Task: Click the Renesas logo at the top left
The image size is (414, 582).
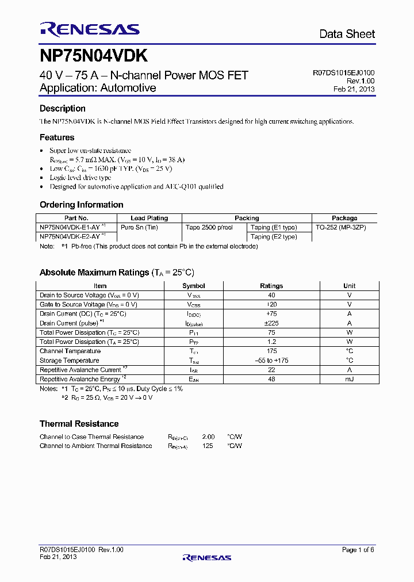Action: pyautogui.click(x=89, y=29)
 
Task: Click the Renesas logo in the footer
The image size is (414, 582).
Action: pyautogui.click(x=206, y=557)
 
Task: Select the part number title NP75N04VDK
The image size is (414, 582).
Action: pyautogui.click(x=94, y=56)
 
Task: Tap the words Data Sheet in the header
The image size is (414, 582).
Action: pyautogui.click(x=347, y=35)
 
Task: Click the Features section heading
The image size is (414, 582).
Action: pyautogui.click(x=57, y=137)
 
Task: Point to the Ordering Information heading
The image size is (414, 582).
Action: pyautogui.click(x=81, y=205)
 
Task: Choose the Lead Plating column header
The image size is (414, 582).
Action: pyautogui.click(x=149, y=219)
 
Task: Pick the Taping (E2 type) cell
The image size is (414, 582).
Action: pyautogui.click(x=274, y=236)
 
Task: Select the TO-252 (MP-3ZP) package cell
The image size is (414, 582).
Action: pyautogui.click(x=341, y=227)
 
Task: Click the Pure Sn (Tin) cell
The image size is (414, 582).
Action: pyautogui.click(x=139, y=227)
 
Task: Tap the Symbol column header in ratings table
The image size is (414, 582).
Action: pyautogui.click(x=194, y=286)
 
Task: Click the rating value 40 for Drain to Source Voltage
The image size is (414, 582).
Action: pyautogui.click(x=271, y=295)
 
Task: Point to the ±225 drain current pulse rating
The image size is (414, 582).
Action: pyautogui.click(x=271, y=323)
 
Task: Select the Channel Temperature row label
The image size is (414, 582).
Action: pyautogui.click(x=70, y=351)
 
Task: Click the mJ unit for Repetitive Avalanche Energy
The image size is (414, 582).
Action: pyautogui.click(x=349, y=379)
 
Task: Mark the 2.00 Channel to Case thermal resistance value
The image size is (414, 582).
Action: pyautogui.click(x=208, y=437)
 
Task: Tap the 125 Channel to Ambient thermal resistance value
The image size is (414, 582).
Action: pyautogui.click(x=208, y=446)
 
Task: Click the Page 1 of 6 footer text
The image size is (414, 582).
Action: pyautogui.click(x=358, y=550)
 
